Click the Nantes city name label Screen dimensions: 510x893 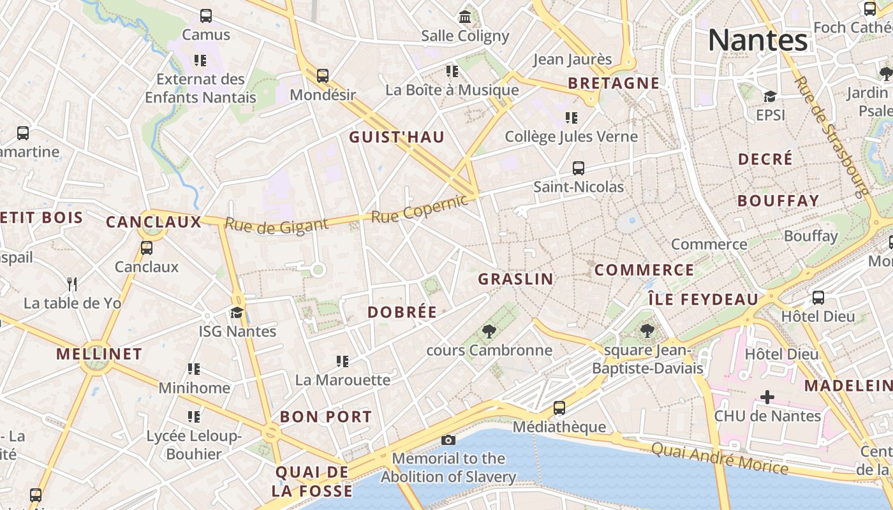click(x=758, y=40)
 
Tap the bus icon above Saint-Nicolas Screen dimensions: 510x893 click(x=579, y=168)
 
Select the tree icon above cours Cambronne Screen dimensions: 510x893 click(x=489, y=331)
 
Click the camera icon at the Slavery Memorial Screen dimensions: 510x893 click(x=448, y=440)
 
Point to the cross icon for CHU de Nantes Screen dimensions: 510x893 click(x=767, y=398)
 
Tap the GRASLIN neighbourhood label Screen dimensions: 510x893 click(x=515, y=279)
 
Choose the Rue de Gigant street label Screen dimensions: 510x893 click(x=276, y=225)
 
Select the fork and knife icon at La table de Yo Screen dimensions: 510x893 click(x=72, y=284)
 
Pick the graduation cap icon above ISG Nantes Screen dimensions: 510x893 click(x=237, y=312)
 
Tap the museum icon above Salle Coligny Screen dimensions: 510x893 click(x=465, y=17)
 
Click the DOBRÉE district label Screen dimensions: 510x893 click(x=402, y=312)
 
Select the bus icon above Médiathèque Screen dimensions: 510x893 click(x=559, y=407)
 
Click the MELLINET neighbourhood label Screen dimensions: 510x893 click(x=99, y=354)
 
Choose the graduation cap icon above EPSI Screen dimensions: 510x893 click(x=770, y=96)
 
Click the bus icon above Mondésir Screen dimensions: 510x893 click(x=323, y=76)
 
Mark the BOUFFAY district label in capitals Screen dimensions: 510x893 click(x=778, y=201)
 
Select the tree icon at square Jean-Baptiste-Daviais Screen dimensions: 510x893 click(x=647, y=331)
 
